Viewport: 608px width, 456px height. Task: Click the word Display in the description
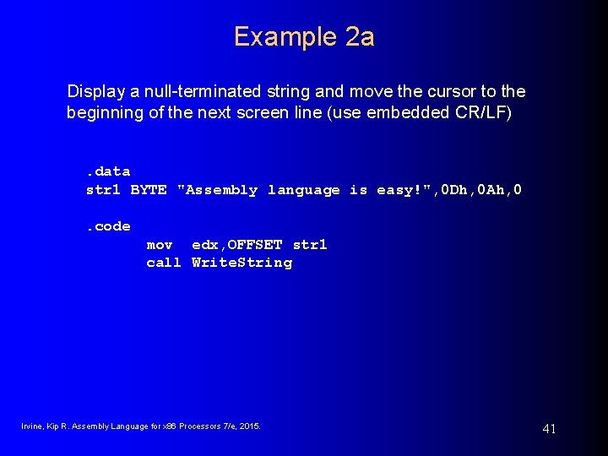pos(95,90)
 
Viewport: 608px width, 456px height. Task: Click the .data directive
pos(108,171)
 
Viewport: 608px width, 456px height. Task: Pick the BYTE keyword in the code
pos(149,190)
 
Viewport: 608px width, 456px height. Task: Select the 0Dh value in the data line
pos(447,190)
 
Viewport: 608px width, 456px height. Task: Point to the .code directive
pos(108,226)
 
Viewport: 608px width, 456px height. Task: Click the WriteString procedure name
pos(242,263)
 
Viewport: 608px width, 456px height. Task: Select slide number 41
pos(549,429)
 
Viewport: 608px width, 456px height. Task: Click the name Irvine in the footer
pos(32,426)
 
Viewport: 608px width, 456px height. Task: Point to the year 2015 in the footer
pos(250,426)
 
